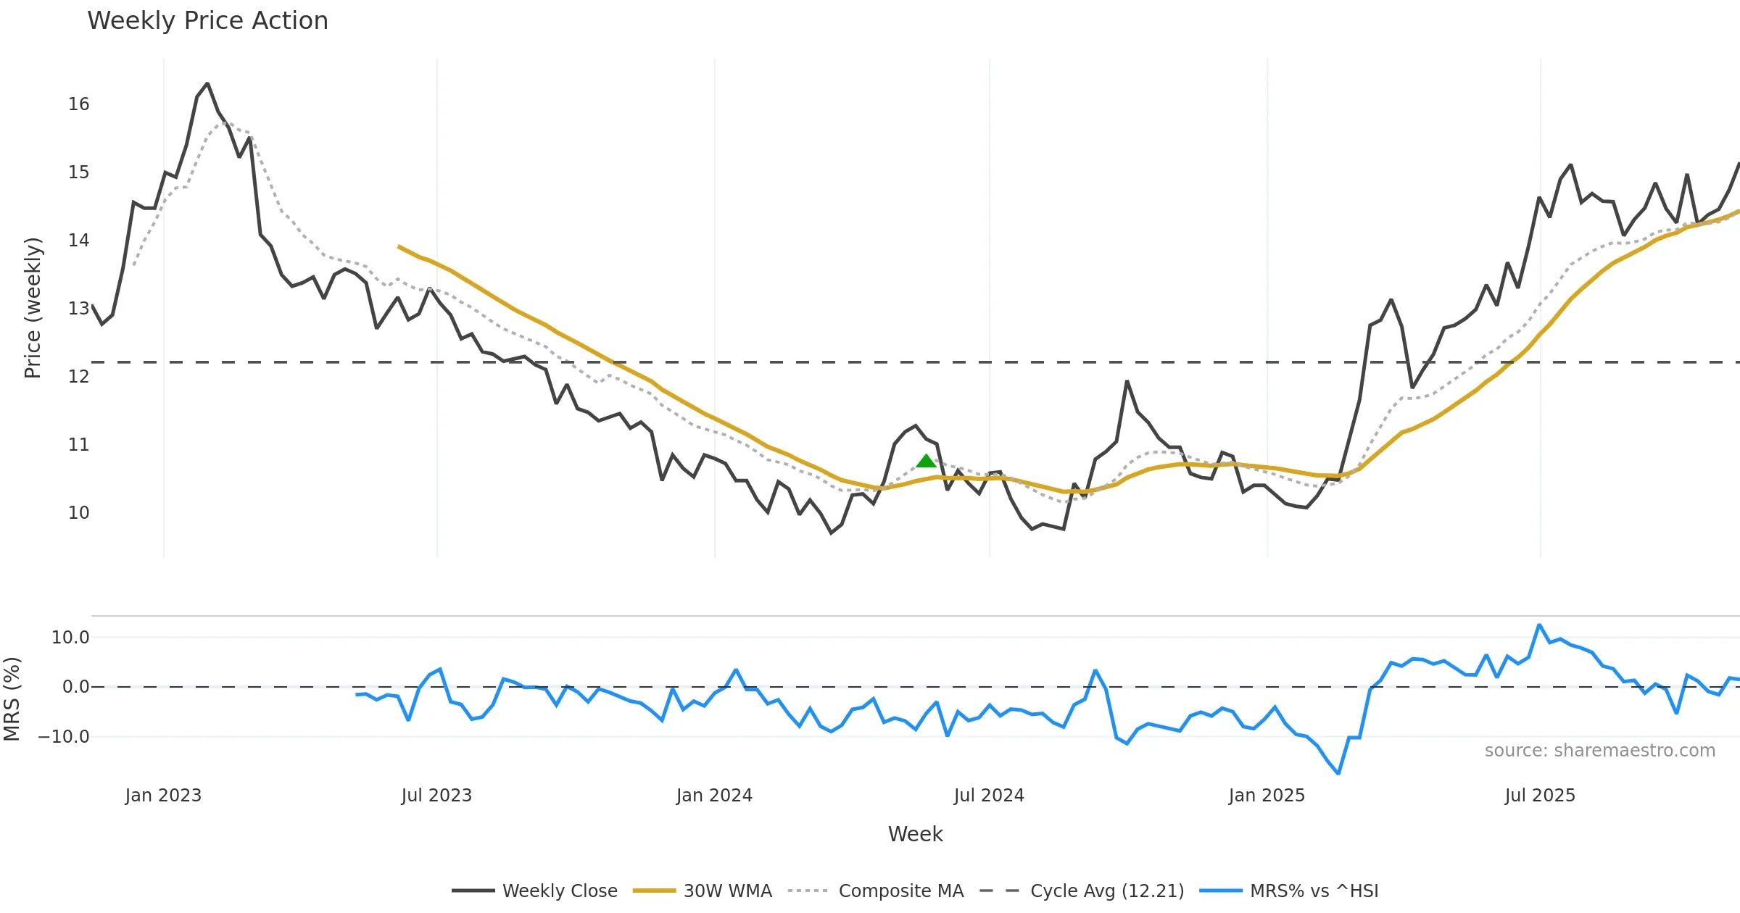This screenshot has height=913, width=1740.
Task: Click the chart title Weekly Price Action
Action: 207,21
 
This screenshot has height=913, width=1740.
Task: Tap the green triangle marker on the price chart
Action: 926,461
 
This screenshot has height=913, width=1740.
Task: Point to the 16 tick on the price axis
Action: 78,104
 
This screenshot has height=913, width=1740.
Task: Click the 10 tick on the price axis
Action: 78,513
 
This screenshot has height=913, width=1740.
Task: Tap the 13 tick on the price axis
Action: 78,309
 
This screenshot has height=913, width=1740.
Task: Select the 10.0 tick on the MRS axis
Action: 70,638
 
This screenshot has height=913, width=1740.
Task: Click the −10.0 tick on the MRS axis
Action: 64,737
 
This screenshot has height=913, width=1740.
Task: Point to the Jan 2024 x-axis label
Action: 714,796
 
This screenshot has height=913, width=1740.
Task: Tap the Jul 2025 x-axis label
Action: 1540,796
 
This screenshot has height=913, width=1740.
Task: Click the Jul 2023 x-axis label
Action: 436,796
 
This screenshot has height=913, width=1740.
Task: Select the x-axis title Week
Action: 915,835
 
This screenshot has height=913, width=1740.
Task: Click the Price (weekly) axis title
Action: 33,308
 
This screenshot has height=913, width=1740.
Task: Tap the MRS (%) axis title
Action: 12,699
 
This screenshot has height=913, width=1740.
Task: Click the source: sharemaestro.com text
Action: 1599,751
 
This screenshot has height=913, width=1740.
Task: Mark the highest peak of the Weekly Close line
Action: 207,84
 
